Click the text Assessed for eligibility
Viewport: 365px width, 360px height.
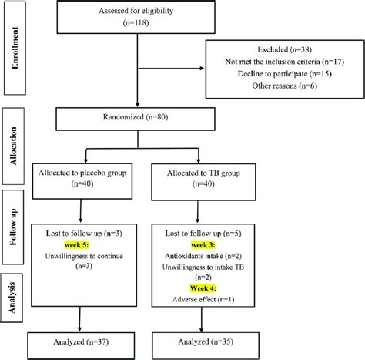(136, 12)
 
